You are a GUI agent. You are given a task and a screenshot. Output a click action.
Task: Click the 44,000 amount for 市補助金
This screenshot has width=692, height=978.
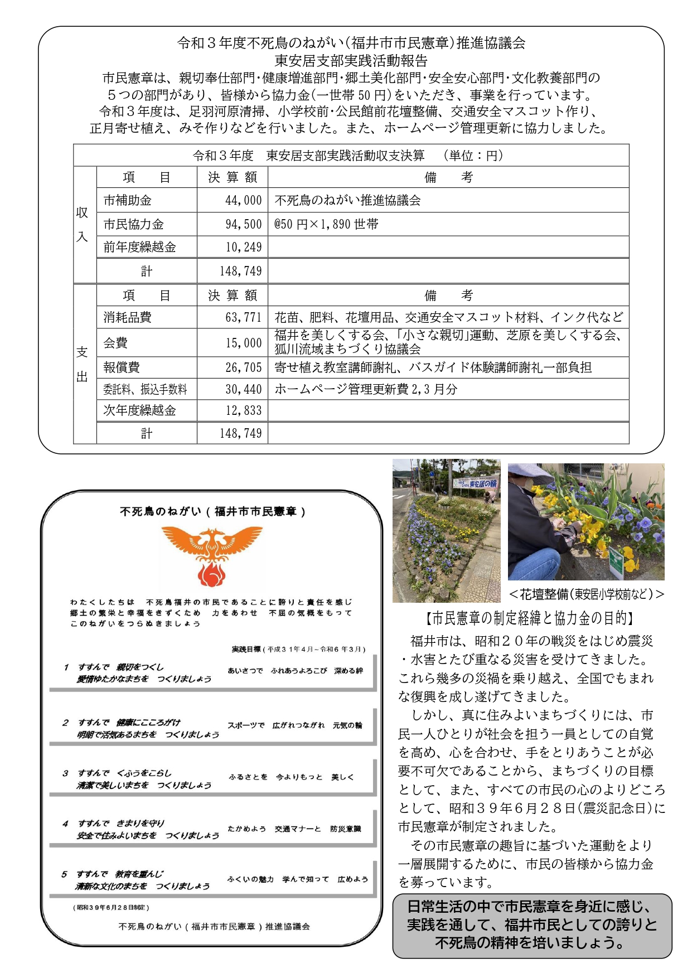pos(243,200)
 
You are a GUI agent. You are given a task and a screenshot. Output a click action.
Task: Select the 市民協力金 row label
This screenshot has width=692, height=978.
pos(134,224)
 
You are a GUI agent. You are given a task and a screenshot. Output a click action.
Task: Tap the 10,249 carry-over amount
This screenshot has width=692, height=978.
pos(243,247)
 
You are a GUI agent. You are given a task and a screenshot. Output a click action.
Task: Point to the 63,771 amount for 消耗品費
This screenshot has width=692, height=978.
pos(243,317)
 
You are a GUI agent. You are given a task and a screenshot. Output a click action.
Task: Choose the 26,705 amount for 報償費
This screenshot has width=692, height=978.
pos(243,367)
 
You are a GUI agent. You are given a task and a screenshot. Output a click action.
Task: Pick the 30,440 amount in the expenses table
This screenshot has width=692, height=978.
pos(243,389)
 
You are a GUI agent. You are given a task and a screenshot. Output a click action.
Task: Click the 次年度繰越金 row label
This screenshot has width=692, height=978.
pos(139,410)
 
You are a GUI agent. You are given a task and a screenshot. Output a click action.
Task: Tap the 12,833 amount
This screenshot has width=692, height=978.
pos(243,410)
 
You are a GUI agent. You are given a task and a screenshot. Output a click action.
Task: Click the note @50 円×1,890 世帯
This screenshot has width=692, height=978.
pos(326,224)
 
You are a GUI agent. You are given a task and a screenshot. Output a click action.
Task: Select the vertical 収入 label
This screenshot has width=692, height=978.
pos(83,224)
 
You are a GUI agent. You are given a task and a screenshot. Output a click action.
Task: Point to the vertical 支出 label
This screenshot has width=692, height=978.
pos(83,364)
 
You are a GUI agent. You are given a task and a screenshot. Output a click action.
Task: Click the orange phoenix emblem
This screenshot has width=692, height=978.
pos(211,555)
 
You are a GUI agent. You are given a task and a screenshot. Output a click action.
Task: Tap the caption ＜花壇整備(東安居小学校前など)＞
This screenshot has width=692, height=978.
pos(586,594)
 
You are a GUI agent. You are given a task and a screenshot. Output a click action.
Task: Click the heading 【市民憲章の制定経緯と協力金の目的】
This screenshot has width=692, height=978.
pos(530,618)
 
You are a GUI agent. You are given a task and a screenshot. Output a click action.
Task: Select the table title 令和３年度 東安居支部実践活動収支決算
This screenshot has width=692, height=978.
pos(308,156)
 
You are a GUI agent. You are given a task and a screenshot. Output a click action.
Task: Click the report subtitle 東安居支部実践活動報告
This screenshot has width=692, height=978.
pos(351,60)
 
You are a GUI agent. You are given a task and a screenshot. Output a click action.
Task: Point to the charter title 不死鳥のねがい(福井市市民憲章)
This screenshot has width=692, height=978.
pos(212,511)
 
